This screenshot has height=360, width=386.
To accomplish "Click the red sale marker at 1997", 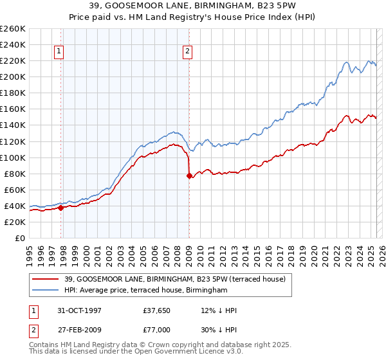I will [x=60, y=208].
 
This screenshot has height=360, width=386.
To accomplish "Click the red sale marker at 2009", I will [x=189, y=175].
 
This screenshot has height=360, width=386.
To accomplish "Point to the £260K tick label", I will [x=12, y=29].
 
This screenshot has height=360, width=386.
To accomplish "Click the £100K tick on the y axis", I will [x=12, y=157].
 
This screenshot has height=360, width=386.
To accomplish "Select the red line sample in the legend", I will [x=46, y=278].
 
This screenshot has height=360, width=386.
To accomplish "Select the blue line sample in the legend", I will [x=46, y=291].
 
